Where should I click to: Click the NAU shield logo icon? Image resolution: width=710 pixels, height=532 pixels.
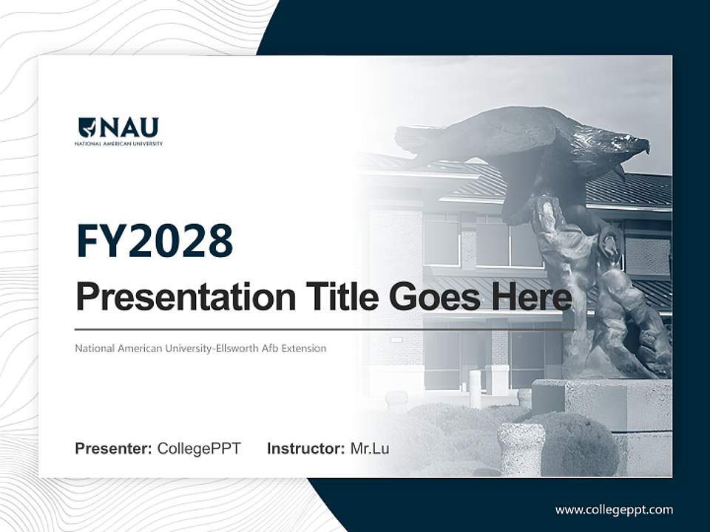(x=87, y=128)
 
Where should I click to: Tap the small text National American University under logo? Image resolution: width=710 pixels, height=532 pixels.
(x=118, y=143)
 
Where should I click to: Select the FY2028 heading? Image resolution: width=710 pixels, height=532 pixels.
(x=155, y=241)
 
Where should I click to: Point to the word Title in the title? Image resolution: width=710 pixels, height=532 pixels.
(x=339, y=297)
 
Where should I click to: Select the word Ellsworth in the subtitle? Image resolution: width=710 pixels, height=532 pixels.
(x=237, y=348)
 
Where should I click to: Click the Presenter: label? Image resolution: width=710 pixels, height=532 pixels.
(x=114, y=449)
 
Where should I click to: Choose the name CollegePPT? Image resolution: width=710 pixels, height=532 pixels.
(x=199, y=449)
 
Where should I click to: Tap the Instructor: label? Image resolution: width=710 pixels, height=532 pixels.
(x=306, y=449)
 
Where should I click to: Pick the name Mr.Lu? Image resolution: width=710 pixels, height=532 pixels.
(x=370, y=449)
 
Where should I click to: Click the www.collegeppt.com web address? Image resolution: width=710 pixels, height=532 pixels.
(x=614, y=509)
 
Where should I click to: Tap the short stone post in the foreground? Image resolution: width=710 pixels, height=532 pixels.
(x=521, y=448)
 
